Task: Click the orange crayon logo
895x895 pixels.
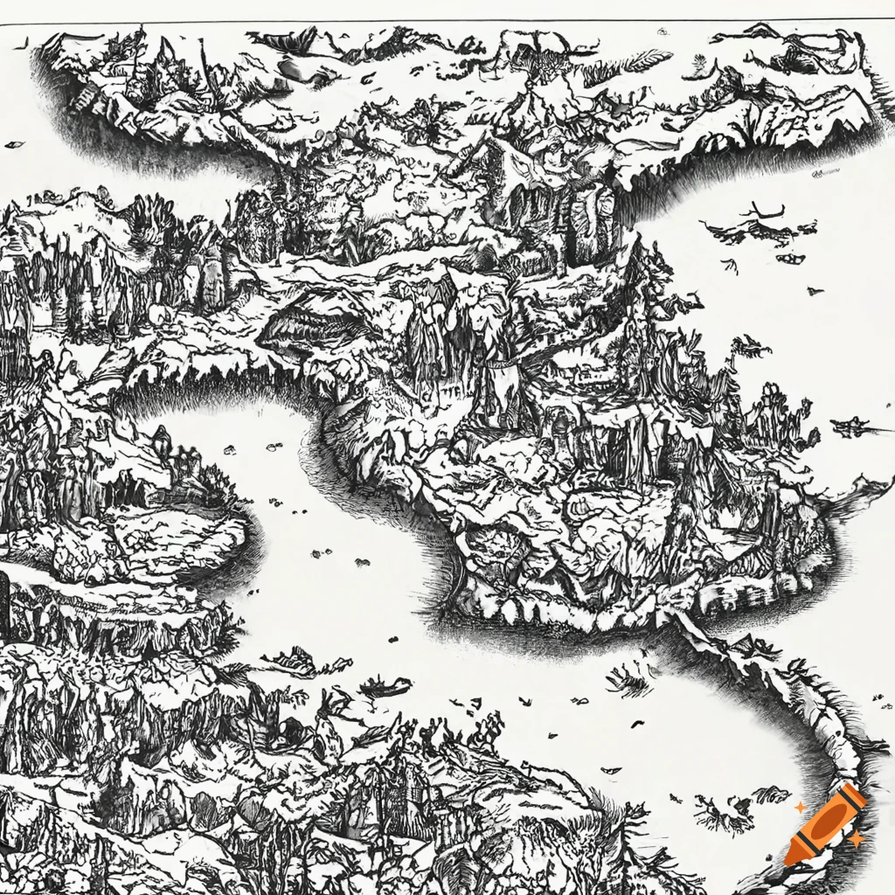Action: (x=826, y=824)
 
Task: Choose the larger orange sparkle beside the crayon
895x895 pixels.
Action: (x=857, y=839)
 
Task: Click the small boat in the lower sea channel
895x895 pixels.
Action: (x=385, y=688)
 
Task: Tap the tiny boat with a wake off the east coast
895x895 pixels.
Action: (x=852, y=427)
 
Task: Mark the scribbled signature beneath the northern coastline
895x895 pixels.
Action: (x=826, y=174)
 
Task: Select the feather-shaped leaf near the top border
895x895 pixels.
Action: (x=647, y=59)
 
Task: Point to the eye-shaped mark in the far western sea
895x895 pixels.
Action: (x=15, y=144)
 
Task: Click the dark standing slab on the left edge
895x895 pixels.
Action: (x=4, y=603)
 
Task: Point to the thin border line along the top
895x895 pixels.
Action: (x=447, y=21)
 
